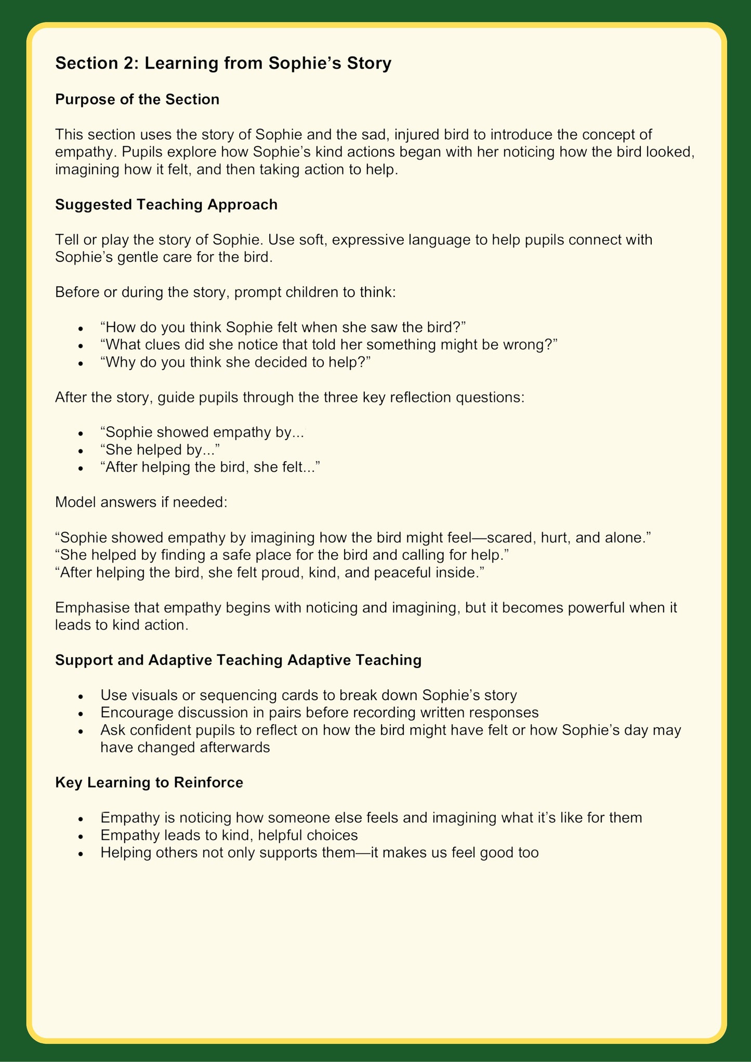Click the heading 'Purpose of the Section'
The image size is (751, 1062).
point(137,99)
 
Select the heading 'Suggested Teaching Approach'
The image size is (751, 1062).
point(166,204)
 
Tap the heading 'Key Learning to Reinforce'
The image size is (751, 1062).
point(149,782)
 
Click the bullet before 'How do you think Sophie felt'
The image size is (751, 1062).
point(81,329)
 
